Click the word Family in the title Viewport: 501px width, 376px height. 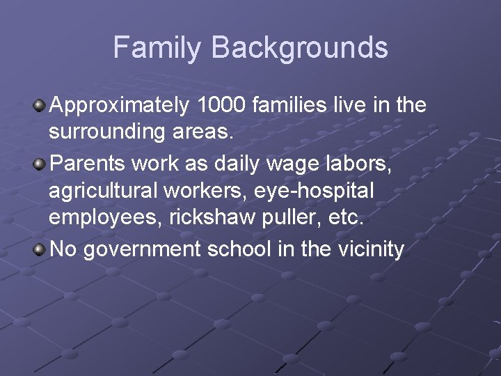[x=158, y=48]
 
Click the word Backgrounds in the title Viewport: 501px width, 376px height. [x=299, y=48]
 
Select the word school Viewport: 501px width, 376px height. [x=239, y=249]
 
